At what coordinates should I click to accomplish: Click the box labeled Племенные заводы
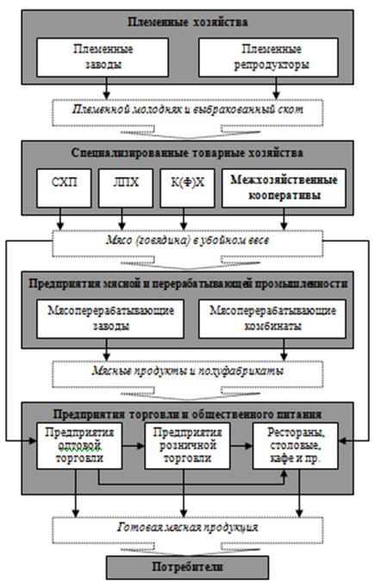103,57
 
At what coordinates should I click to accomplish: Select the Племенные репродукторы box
268,57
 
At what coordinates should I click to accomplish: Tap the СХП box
64,188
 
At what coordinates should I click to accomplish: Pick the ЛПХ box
126,188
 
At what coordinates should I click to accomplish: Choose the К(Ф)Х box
188,188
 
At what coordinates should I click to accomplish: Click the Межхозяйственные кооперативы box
284,188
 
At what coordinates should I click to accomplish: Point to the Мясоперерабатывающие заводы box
110,319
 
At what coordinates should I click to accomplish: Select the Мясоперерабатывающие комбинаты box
272,319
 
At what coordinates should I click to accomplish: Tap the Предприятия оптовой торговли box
79,446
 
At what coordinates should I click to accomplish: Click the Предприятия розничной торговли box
188,446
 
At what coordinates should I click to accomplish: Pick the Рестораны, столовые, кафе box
296,446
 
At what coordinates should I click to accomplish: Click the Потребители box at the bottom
188,567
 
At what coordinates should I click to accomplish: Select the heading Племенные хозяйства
188,22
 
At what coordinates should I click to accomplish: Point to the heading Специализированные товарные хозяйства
188,153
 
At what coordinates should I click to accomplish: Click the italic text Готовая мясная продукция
188,528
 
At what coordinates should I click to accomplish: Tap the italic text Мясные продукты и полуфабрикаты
188,371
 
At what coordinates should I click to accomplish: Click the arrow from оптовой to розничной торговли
134,446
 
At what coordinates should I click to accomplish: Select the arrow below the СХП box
60,218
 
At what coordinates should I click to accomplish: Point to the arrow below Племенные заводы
107,88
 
